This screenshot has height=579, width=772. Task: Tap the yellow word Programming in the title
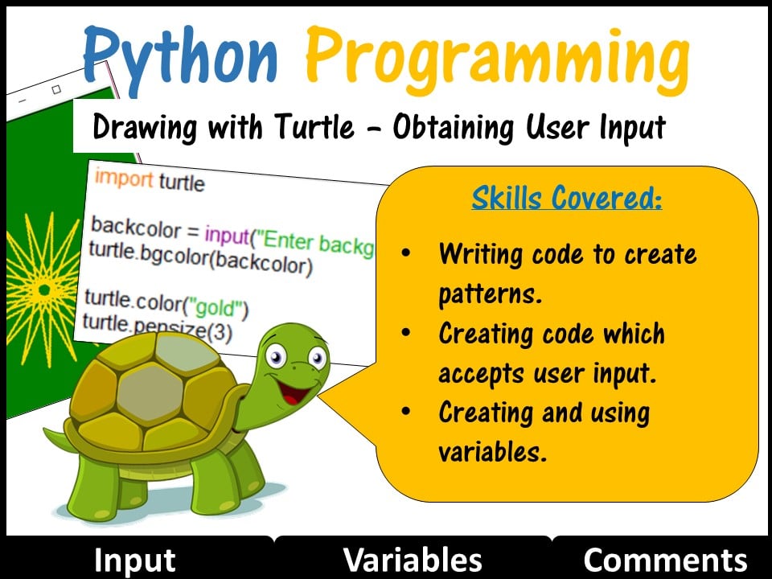click(497, 59)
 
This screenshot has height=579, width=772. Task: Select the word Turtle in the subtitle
click(314, 127)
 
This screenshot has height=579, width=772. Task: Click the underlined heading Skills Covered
click(567, 198)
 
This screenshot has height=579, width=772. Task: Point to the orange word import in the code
click(124, 179)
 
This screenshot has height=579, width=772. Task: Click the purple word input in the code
click(228, 235)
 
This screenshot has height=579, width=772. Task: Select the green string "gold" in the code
click(216, 308)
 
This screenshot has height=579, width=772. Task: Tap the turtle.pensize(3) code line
click(157, 327)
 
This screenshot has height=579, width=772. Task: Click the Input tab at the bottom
click(134, 561)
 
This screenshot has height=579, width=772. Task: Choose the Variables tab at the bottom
click(413, 561)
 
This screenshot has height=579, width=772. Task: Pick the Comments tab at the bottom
click(666, 561)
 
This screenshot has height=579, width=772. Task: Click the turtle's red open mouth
click(294, 392)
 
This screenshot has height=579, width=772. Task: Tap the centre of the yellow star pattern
click(44, 290)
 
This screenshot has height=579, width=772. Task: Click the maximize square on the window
click(56, 89)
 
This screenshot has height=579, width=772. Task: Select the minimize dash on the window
click(23, 101)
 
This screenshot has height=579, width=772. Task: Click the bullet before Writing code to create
click(405, 253)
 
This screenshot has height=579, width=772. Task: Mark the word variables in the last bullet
click(492, 451)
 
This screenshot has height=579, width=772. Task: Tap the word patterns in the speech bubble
click(491, 294)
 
